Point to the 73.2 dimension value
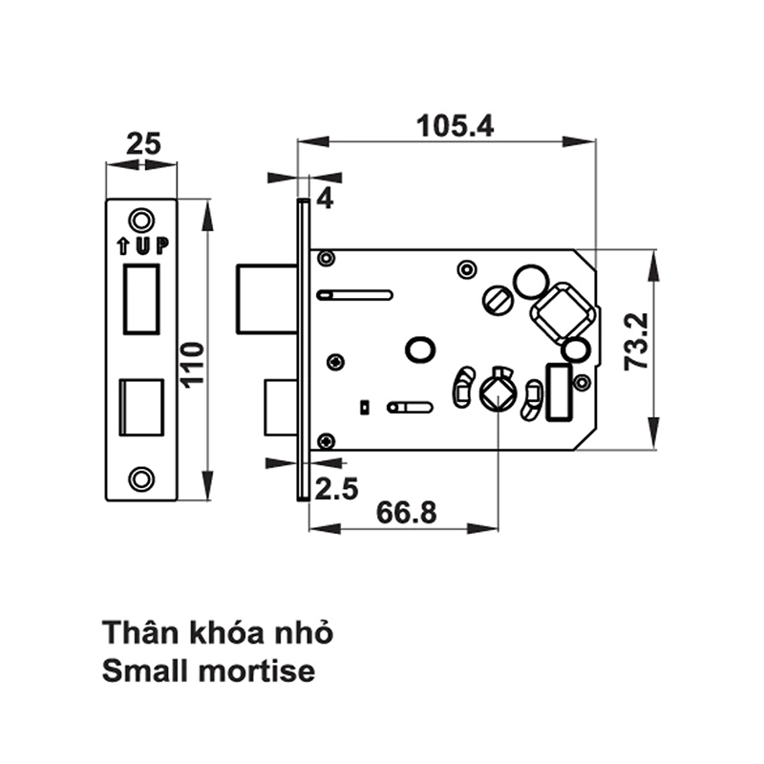(x=633, y=344)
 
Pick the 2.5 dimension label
(x=335, y=490)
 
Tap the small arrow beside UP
(x=123, y=246)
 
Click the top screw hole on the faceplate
(x=141, y=220)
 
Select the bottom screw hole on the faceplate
(x=141, y=477)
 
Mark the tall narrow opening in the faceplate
(x=141, y=299)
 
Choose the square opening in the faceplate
(x=141, y=407)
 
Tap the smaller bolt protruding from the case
(x=279, y=406)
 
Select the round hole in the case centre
(x=418, y=349)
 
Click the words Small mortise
(x=207, y=670)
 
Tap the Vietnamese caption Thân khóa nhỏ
(x=220, y=632)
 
